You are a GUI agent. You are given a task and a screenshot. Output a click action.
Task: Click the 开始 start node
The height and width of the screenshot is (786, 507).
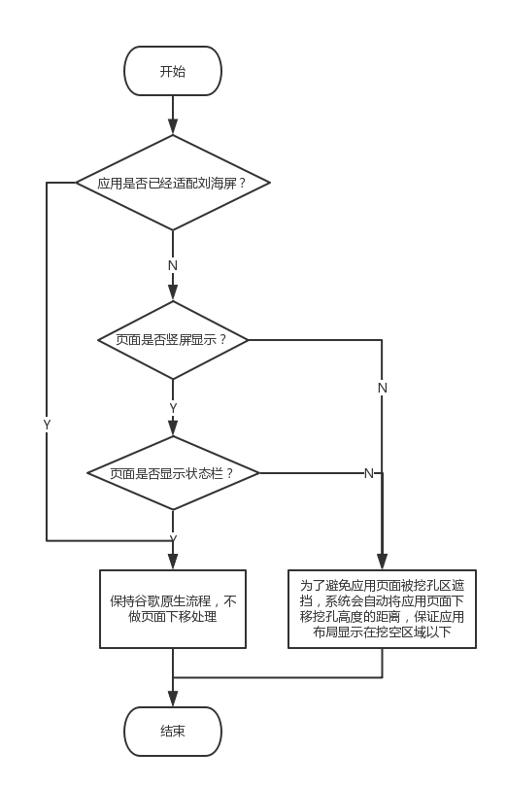173,71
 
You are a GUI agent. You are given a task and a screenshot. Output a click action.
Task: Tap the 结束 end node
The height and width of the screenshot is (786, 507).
173,731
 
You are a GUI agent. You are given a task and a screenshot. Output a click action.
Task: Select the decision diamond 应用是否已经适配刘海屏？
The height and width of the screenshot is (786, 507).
173,182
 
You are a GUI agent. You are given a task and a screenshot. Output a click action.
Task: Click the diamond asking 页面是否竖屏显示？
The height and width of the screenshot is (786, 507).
173,340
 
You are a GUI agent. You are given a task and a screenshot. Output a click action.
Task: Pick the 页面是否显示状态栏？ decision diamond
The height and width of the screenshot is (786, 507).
173,474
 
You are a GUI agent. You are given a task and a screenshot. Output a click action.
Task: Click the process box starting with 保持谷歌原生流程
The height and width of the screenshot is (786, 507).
173,609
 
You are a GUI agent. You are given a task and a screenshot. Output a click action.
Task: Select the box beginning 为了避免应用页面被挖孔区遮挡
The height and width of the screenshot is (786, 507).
382,609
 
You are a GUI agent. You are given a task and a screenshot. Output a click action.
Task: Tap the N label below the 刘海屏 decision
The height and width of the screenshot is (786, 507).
173,265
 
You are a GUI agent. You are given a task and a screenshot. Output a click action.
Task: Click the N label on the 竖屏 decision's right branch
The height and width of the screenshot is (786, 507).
383,388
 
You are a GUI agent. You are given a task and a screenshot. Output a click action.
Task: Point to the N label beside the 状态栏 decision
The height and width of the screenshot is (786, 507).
369,474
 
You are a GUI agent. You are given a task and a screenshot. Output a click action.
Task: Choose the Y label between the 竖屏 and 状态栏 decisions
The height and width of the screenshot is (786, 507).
173,408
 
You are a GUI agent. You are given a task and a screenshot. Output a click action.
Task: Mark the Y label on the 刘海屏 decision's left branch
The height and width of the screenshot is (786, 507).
47,425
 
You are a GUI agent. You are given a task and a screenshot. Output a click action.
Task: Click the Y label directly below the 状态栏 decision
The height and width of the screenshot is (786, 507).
173,538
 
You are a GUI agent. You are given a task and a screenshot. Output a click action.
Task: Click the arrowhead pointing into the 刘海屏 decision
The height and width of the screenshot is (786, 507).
173,127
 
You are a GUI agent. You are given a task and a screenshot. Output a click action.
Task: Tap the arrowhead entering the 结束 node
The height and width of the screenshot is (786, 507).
173,699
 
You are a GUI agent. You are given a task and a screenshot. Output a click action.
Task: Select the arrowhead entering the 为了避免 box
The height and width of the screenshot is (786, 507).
382,563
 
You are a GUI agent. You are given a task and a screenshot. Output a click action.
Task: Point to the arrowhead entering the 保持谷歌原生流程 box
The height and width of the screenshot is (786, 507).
173,563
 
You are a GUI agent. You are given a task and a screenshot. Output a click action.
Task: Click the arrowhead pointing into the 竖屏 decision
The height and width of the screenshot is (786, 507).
173,292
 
